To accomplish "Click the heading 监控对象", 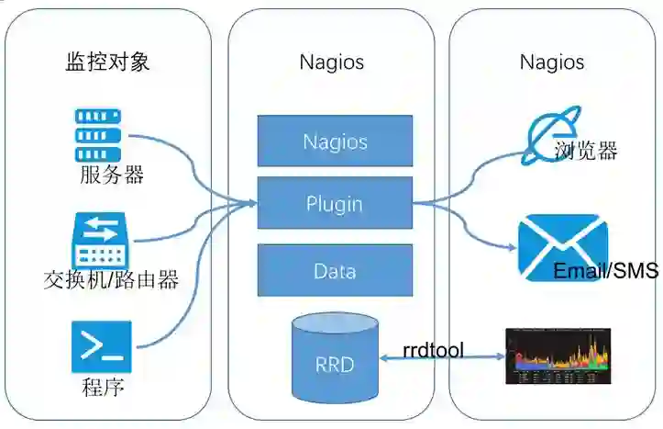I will coord(107,62).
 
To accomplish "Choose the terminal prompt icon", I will coord(102,346).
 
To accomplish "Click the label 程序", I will coord(103,387).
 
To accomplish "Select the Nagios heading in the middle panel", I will coord(331,62).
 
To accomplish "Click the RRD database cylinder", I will coord(334,356).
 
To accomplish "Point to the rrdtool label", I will coord(433,349).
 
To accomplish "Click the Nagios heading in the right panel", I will coord(552,62).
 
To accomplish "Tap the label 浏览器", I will coord(586,151).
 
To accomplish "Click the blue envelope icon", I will coord(562,245).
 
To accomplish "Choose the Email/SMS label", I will coord(605,271).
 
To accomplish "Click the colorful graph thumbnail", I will coord(558,356).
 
